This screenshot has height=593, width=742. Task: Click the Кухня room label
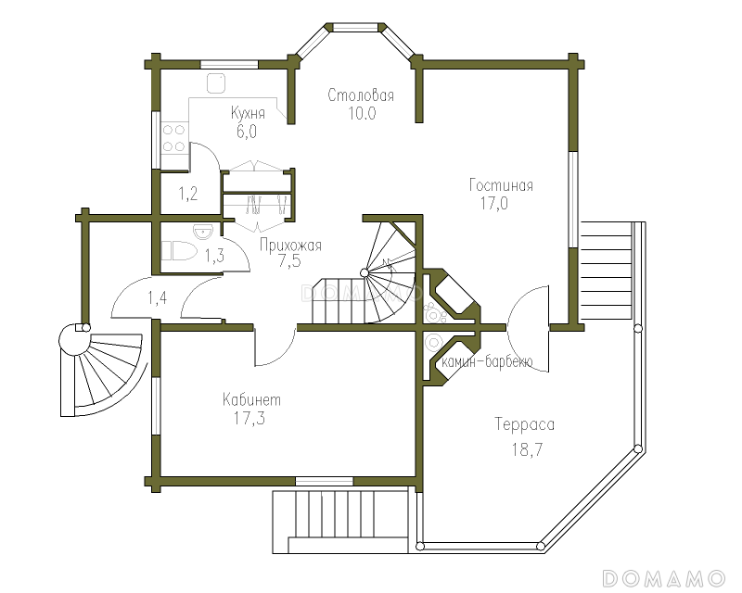(248, 113)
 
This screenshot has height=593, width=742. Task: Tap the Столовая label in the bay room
(361, 95)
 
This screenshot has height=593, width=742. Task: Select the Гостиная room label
(501, 185)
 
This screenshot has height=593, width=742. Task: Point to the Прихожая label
(290, 245)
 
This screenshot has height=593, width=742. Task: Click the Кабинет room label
(251, 399)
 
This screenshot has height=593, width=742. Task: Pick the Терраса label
(524, 424)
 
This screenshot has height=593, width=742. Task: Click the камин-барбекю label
(487, 361)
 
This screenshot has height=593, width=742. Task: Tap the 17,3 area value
(249, 418)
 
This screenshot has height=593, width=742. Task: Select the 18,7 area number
(527, 449)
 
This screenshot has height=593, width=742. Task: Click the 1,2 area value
(188, 194)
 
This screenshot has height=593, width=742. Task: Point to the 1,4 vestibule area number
(157, 298)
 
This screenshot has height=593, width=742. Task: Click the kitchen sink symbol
(216, 83)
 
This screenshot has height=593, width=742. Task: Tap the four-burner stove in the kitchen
(173, 138)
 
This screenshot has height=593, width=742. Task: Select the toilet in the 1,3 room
(179, 250)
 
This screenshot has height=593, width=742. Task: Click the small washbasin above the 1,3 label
(203, 231)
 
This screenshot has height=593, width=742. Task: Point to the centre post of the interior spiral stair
(364, 272)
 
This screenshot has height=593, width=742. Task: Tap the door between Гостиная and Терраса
(528, 329)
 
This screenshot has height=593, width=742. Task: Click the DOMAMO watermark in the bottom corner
(664, 578)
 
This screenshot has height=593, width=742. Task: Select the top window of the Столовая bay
(356, 28)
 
